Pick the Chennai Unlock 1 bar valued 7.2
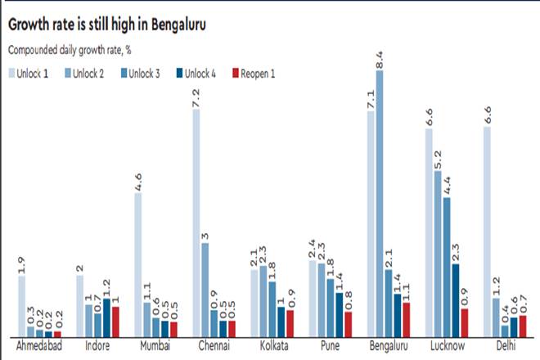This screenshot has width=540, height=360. (x=196, y=222)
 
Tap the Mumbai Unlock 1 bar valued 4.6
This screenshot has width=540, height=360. (x=138, y=263)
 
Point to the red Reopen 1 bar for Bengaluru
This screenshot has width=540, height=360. (x=407, y=319)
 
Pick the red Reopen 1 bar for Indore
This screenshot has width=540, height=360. (x=115, y=321)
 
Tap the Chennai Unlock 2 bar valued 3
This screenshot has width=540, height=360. (x=205, y=289)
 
